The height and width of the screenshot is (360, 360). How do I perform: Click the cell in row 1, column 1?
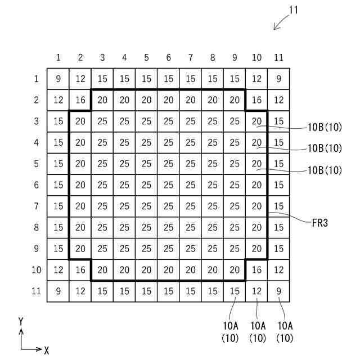pos(58,79)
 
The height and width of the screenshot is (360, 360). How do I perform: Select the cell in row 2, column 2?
pos(80,100)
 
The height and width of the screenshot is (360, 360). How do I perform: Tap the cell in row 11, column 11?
pos(278,291)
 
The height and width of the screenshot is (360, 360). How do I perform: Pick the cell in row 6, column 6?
pos(168,185)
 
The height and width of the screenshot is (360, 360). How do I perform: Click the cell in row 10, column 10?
pos(256,270)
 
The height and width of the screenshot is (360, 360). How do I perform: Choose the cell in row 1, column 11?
pos(278,79)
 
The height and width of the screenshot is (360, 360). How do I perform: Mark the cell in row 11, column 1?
pos(58,291)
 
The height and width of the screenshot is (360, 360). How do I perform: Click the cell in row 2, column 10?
pos(256,100)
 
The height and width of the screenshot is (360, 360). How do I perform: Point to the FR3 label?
pos(319,223)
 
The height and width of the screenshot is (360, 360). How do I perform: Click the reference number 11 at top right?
pos(293,10)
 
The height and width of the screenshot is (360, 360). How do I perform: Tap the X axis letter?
pos(46,350)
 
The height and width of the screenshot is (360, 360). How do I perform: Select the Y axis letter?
pos(21,322)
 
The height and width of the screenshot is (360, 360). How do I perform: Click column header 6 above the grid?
pos(168,57)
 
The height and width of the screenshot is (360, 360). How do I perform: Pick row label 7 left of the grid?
pos(37,206)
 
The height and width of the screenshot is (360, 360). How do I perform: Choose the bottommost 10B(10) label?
pos(325,170)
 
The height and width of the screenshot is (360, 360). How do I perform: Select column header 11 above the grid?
pos(278,57)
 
